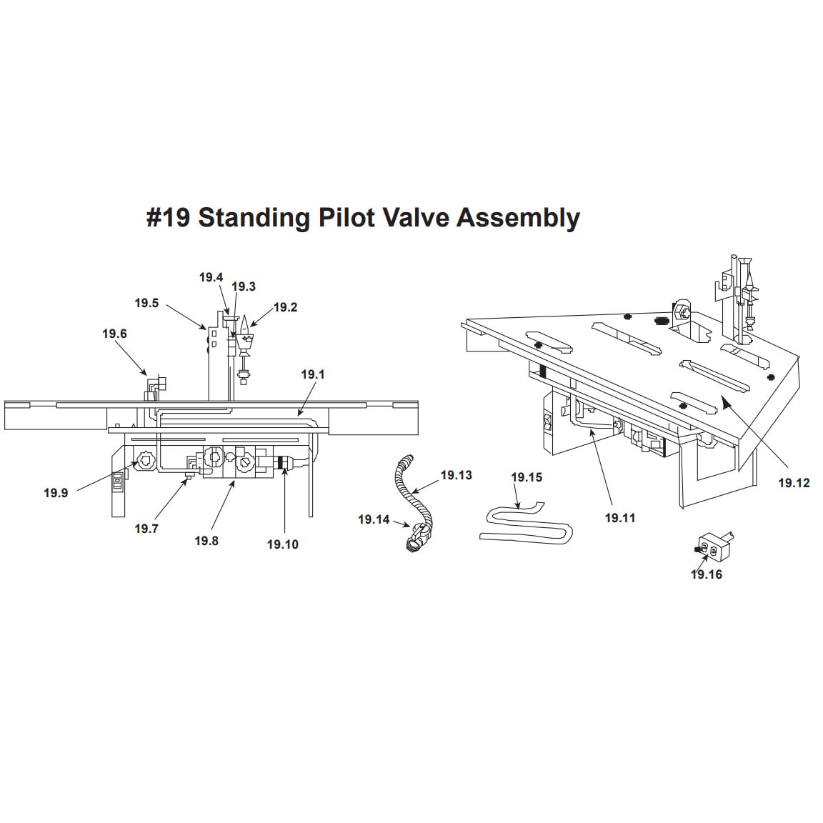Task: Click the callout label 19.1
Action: pyautogui.click(x=312, y=374)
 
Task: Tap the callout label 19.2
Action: pyautogui.click(x=285, y=308)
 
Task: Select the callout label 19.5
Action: pyautogui.click(x=146, y=304)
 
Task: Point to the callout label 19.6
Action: pyautogui.click(x=114, y=334)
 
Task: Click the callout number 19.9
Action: pyautogui.click(x=56, y=493)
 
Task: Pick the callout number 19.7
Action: pyautogui.click(x=146, y=529)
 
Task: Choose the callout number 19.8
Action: pyautogui.click(x=206, y=542)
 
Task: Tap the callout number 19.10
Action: pyautogui.click(x=283, y=545)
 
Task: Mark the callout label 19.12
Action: pyautogui.click(x=794, y=484)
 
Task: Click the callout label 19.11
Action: pyautogui.click(x=620, y=519)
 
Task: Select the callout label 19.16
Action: pyautogui.click(x=707, y=575)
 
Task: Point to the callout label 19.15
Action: pyautogui.click(x=527, y=478)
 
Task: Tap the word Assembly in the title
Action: pyautogui.click(x=518, y=217)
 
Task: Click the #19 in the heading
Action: pyautogui.click(x=169, y=217)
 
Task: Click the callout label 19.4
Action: pyautogui.click(x=211, y=278)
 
